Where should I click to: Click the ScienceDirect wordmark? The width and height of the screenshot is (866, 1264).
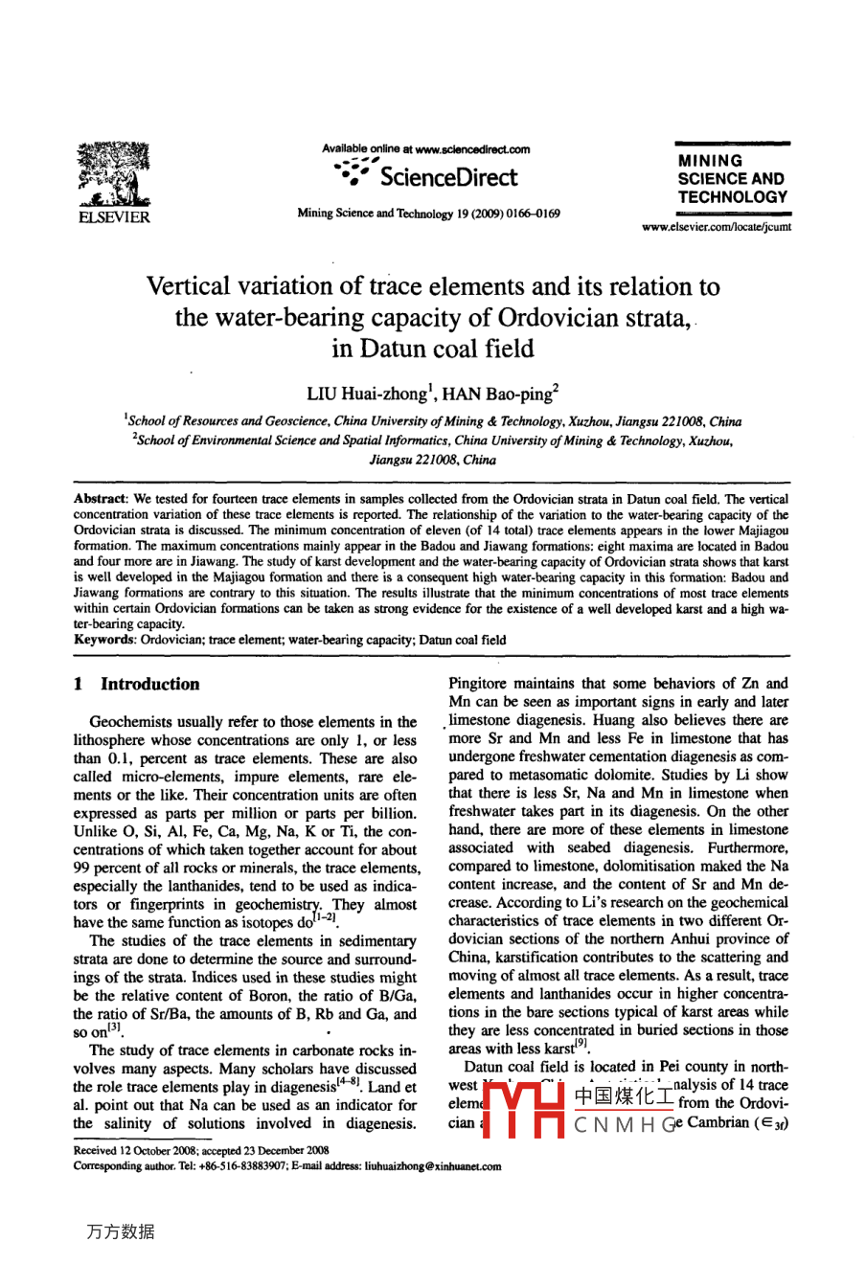[447, 177]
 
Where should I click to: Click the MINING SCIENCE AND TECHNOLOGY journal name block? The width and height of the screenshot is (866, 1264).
[732, 179]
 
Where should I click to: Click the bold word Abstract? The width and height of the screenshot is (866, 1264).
[100, 500]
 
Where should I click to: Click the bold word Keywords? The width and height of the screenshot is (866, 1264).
[104, 640]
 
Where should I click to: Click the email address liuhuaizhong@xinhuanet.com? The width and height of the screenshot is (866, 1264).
[422, 1166]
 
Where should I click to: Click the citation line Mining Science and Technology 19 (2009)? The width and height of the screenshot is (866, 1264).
[428, 214]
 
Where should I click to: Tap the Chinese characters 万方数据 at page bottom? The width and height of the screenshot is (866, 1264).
[121, 1231]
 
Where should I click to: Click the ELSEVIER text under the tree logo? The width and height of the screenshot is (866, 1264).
[113, 218]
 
